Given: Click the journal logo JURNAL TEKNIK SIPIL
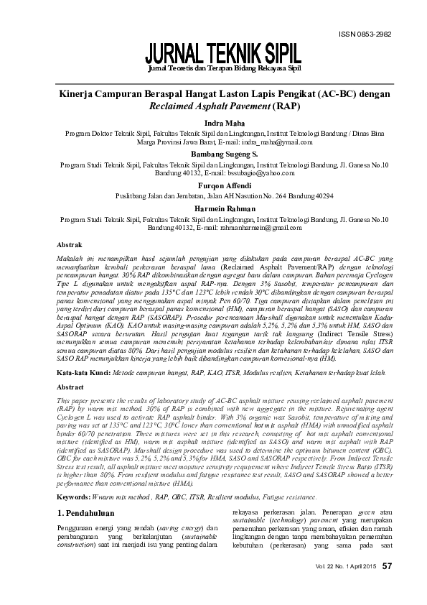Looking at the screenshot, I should point(223,52).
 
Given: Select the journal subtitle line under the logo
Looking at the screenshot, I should point(223,68).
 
